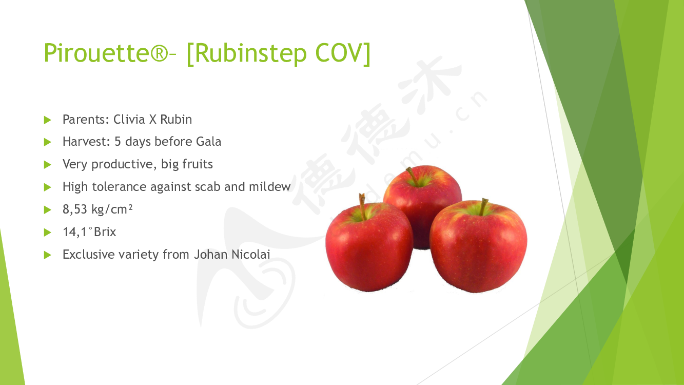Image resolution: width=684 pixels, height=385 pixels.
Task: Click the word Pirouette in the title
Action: (x=96, y=52)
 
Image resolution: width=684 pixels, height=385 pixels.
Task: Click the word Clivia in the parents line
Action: (x=129, y=119)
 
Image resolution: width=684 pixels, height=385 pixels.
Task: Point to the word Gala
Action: (x=208, y=142)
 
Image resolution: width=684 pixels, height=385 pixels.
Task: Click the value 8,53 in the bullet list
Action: (x=75, y=209)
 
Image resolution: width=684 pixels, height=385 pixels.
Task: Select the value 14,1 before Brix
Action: (x=75, y=232)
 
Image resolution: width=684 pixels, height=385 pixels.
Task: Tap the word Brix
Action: (x=105, y=232)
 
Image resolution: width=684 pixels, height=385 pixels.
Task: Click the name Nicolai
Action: (x=251, y=254)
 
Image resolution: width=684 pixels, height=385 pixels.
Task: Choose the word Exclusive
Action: (x=88, y=254)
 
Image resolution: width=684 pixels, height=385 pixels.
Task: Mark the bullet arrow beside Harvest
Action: (x=47, y=142)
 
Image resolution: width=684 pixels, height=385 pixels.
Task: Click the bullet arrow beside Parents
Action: (x=47, y=120)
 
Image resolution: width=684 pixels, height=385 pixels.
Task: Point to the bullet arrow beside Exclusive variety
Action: (x=47, y=255)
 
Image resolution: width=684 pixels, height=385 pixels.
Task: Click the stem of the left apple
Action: (x=362, y=206)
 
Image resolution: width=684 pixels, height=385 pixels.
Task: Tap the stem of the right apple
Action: (x=483, y=207)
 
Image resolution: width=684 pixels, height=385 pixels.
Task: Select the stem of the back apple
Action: (x=412, y=176)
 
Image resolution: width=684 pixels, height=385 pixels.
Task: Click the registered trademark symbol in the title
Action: (x=160, y=53)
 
